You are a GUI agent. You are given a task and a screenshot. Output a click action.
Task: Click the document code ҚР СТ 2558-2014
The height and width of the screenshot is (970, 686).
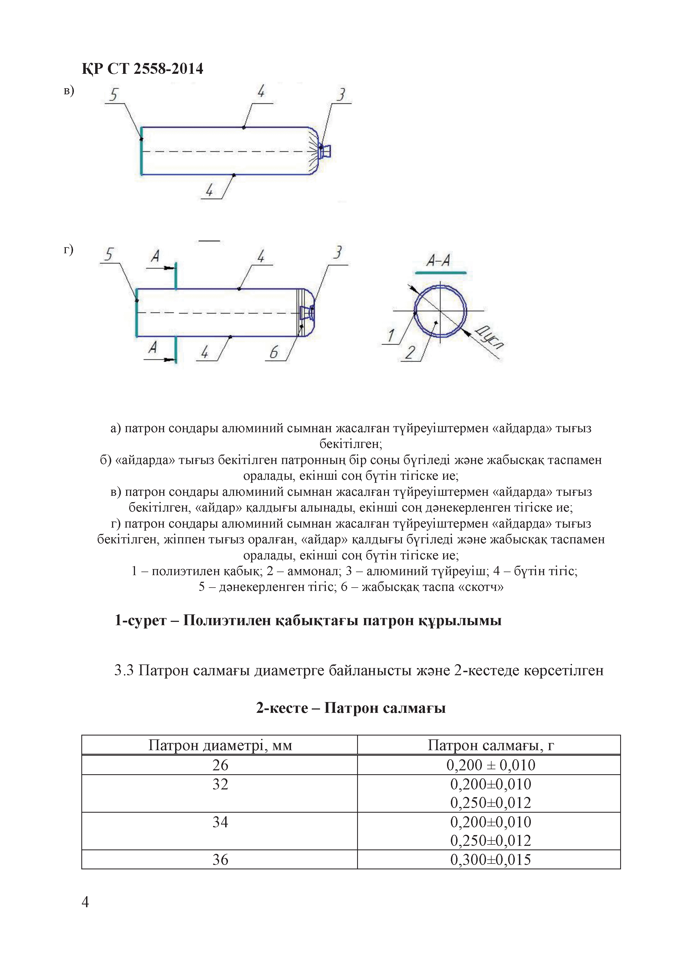click(x=142, y=69)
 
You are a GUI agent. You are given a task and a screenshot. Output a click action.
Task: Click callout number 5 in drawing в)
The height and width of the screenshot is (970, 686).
click(x=113, y=95)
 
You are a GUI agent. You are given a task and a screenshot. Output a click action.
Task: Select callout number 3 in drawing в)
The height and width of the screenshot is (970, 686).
click(x=341, y=94)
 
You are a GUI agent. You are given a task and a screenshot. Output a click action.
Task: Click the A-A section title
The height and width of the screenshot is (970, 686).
click(x=438, y=260)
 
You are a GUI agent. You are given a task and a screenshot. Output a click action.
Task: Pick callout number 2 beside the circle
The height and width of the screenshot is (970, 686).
click(x=410, y=352)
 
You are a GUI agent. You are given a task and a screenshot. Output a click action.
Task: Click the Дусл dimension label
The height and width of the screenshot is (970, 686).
click(x=489, y=338)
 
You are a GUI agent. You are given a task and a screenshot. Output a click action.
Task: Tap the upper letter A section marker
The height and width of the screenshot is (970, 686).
click(x=155, y=256)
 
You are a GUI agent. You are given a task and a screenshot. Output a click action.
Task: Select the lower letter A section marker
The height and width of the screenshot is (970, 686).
click(x=153, y=347)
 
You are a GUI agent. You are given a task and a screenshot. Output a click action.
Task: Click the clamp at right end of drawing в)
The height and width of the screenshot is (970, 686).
click(x=326, y=151)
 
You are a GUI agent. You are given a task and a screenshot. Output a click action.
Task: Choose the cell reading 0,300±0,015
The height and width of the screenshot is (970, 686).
click(x=490, y=859)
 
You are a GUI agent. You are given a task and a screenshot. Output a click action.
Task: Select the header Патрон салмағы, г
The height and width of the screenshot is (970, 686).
click(x=490, y=745)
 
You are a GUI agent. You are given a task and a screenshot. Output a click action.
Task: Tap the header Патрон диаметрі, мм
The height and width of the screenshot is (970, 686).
click(x=220, y=745)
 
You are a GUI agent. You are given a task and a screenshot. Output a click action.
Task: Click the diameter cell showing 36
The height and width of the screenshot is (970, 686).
click(x=220, y=859)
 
